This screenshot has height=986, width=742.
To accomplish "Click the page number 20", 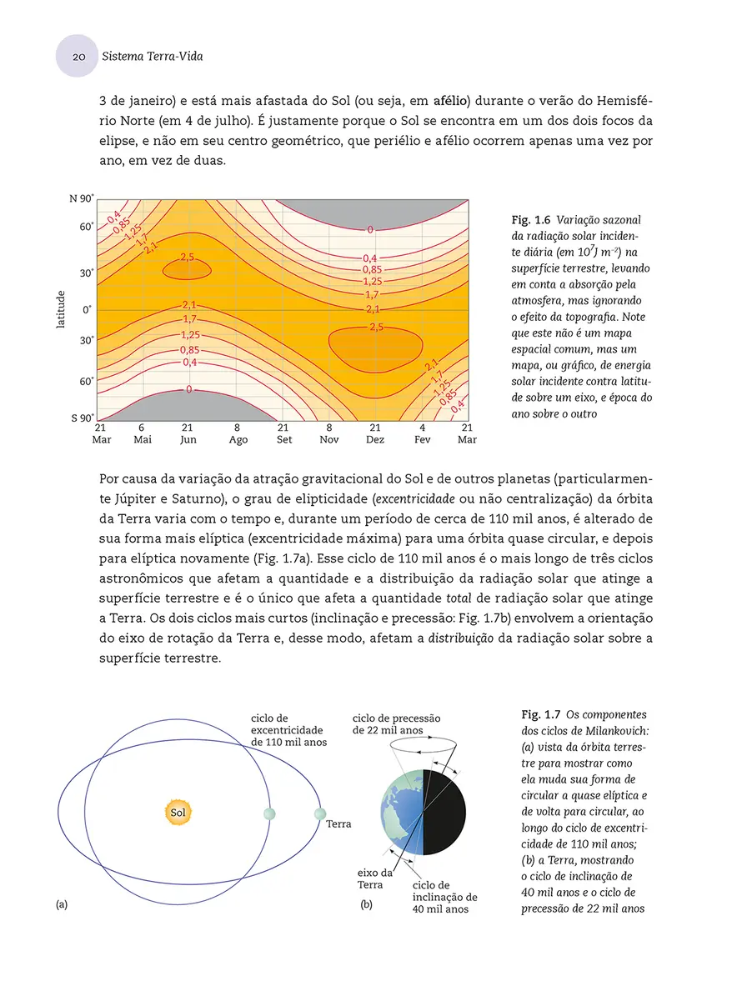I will point(78,58).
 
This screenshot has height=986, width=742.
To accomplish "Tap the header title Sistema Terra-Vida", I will point(152,58).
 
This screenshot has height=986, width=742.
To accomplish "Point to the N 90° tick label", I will point(81,198).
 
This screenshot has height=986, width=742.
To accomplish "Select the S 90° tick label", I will point(81,418).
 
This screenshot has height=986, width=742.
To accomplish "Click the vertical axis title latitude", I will point(61,309).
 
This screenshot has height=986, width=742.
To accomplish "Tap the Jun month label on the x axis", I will point(188,439).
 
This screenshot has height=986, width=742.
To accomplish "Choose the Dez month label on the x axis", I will point(375,439).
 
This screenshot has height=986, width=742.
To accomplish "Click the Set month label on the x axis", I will point(284,439).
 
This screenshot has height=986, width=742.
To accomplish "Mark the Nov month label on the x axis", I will point(329,439).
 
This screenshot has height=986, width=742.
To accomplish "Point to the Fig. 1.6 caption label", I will point(530,219).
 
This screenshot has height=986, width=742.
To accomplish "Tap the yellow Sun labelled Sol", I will point(178,812).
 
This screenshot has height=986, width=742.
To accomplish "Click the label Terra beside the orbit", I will point(338,823).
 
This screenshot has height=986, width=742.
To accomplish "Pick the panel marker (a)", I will point(62,904).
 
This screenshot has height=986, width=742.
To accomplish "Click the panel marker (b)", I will point(366,904).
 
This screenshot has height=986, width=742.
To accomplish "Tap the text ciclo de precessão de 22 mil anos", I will point(396,724).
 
